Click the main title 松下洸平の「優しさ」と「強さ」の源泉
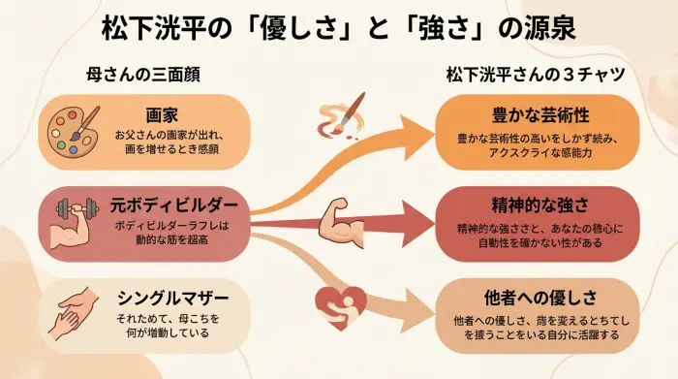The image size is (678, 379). click(338, 26)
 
